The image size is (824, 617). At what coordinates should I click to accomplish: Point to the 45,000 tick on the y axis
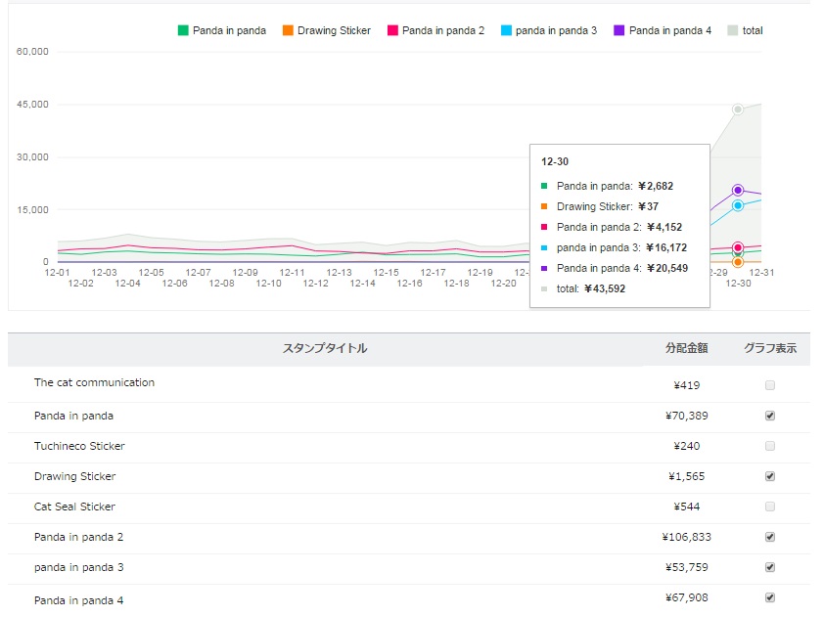33,104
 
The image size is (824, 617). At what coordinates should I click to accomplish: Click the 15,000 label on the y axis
33,209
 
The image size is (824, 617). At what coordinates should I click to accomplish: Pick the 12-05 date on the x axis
152,273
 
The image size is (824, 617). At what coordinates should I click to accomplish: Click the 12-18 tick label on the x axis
457,284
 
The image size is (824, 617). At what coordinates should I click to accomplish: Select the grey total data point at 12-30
738,110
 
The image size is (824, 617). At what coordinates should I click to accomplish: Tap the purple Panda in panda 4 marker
738,190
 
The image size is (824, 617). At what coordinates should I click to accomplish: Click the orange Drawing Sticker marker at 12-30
738,262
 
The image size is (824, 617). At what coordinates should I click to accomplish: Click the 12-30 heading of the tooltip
555,161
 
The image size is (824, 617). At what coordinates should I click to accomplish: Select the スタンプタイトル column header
325,348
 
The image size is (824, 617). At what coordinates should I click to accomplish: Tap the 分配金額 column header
687,348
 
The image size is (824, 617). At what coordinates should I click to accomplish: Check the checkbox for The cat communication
770,385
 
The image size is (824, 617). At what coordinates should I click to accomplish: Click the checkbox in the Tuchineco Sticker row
770,446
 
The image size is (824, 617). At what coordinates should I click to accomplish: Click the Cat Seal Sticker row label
74,507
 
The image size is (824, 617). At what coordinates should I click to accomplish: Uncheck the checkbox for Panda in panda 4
770,597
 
